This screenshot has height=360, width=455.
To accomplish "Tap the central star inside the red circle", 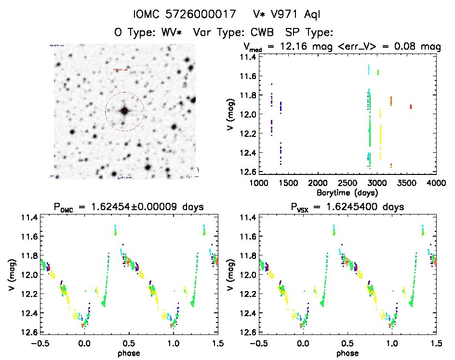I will coord(124,111).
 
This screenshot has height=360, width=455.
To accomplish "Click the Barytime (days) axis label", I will coord(348,193).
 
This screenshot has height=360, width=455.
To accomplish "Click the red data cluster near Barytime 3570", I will coord(411,107).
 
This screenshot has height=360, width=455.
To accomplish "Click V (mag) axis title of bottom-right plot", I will coord(231,280).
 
